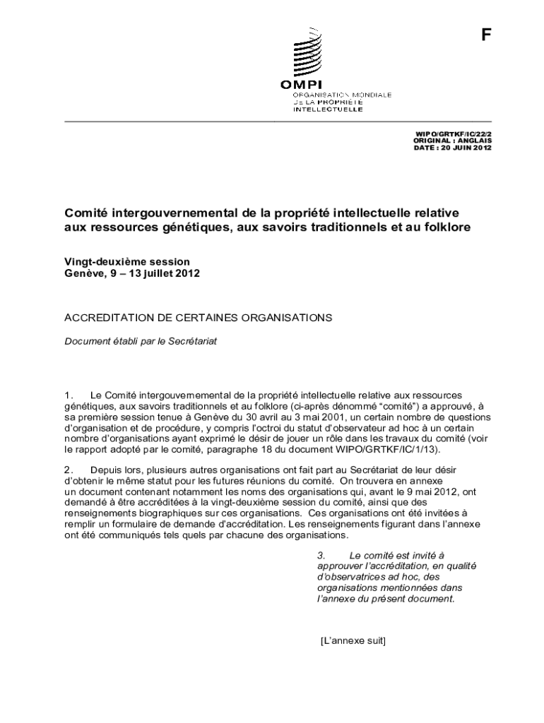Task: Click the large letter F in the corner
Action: tap(485, 35)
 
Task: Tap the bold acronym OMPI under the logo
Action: tap(301, 85)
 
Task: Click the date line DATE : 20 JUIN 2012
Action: tap(452, 148)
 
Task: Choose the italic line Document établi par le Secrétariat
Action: tap(141, 341)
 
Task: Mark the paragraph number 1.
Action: tap(69, 396)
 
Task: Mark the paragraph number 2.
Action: tap(69, 470)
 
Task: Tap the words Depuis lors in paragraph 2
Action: tap(114, 470)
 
